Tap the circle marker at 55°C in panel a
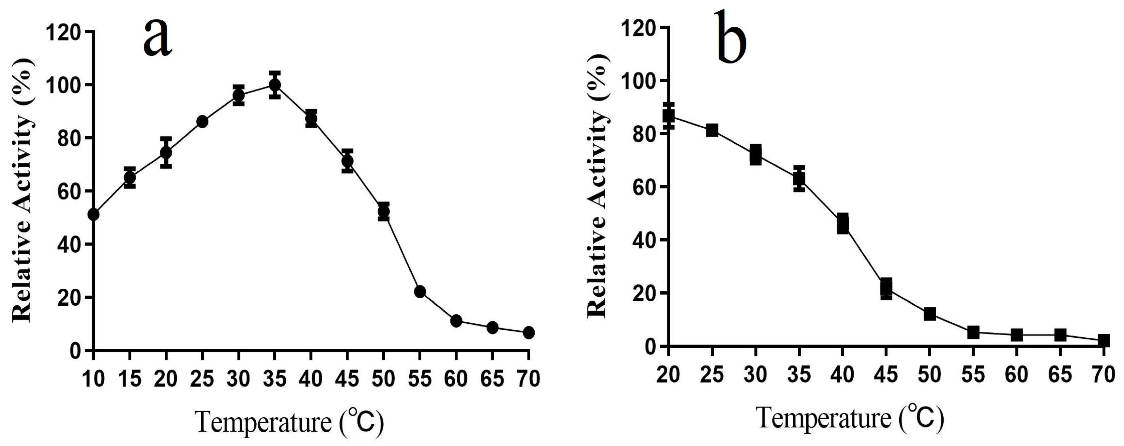point(420,292)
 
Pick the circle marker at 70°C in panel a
point(528,332)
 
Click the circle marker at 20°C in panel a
point(166,153)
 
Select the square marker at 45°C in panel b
point(886,288)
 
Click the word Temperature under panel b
point(824,418)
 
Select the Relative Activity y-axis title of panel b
point(597,185)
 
